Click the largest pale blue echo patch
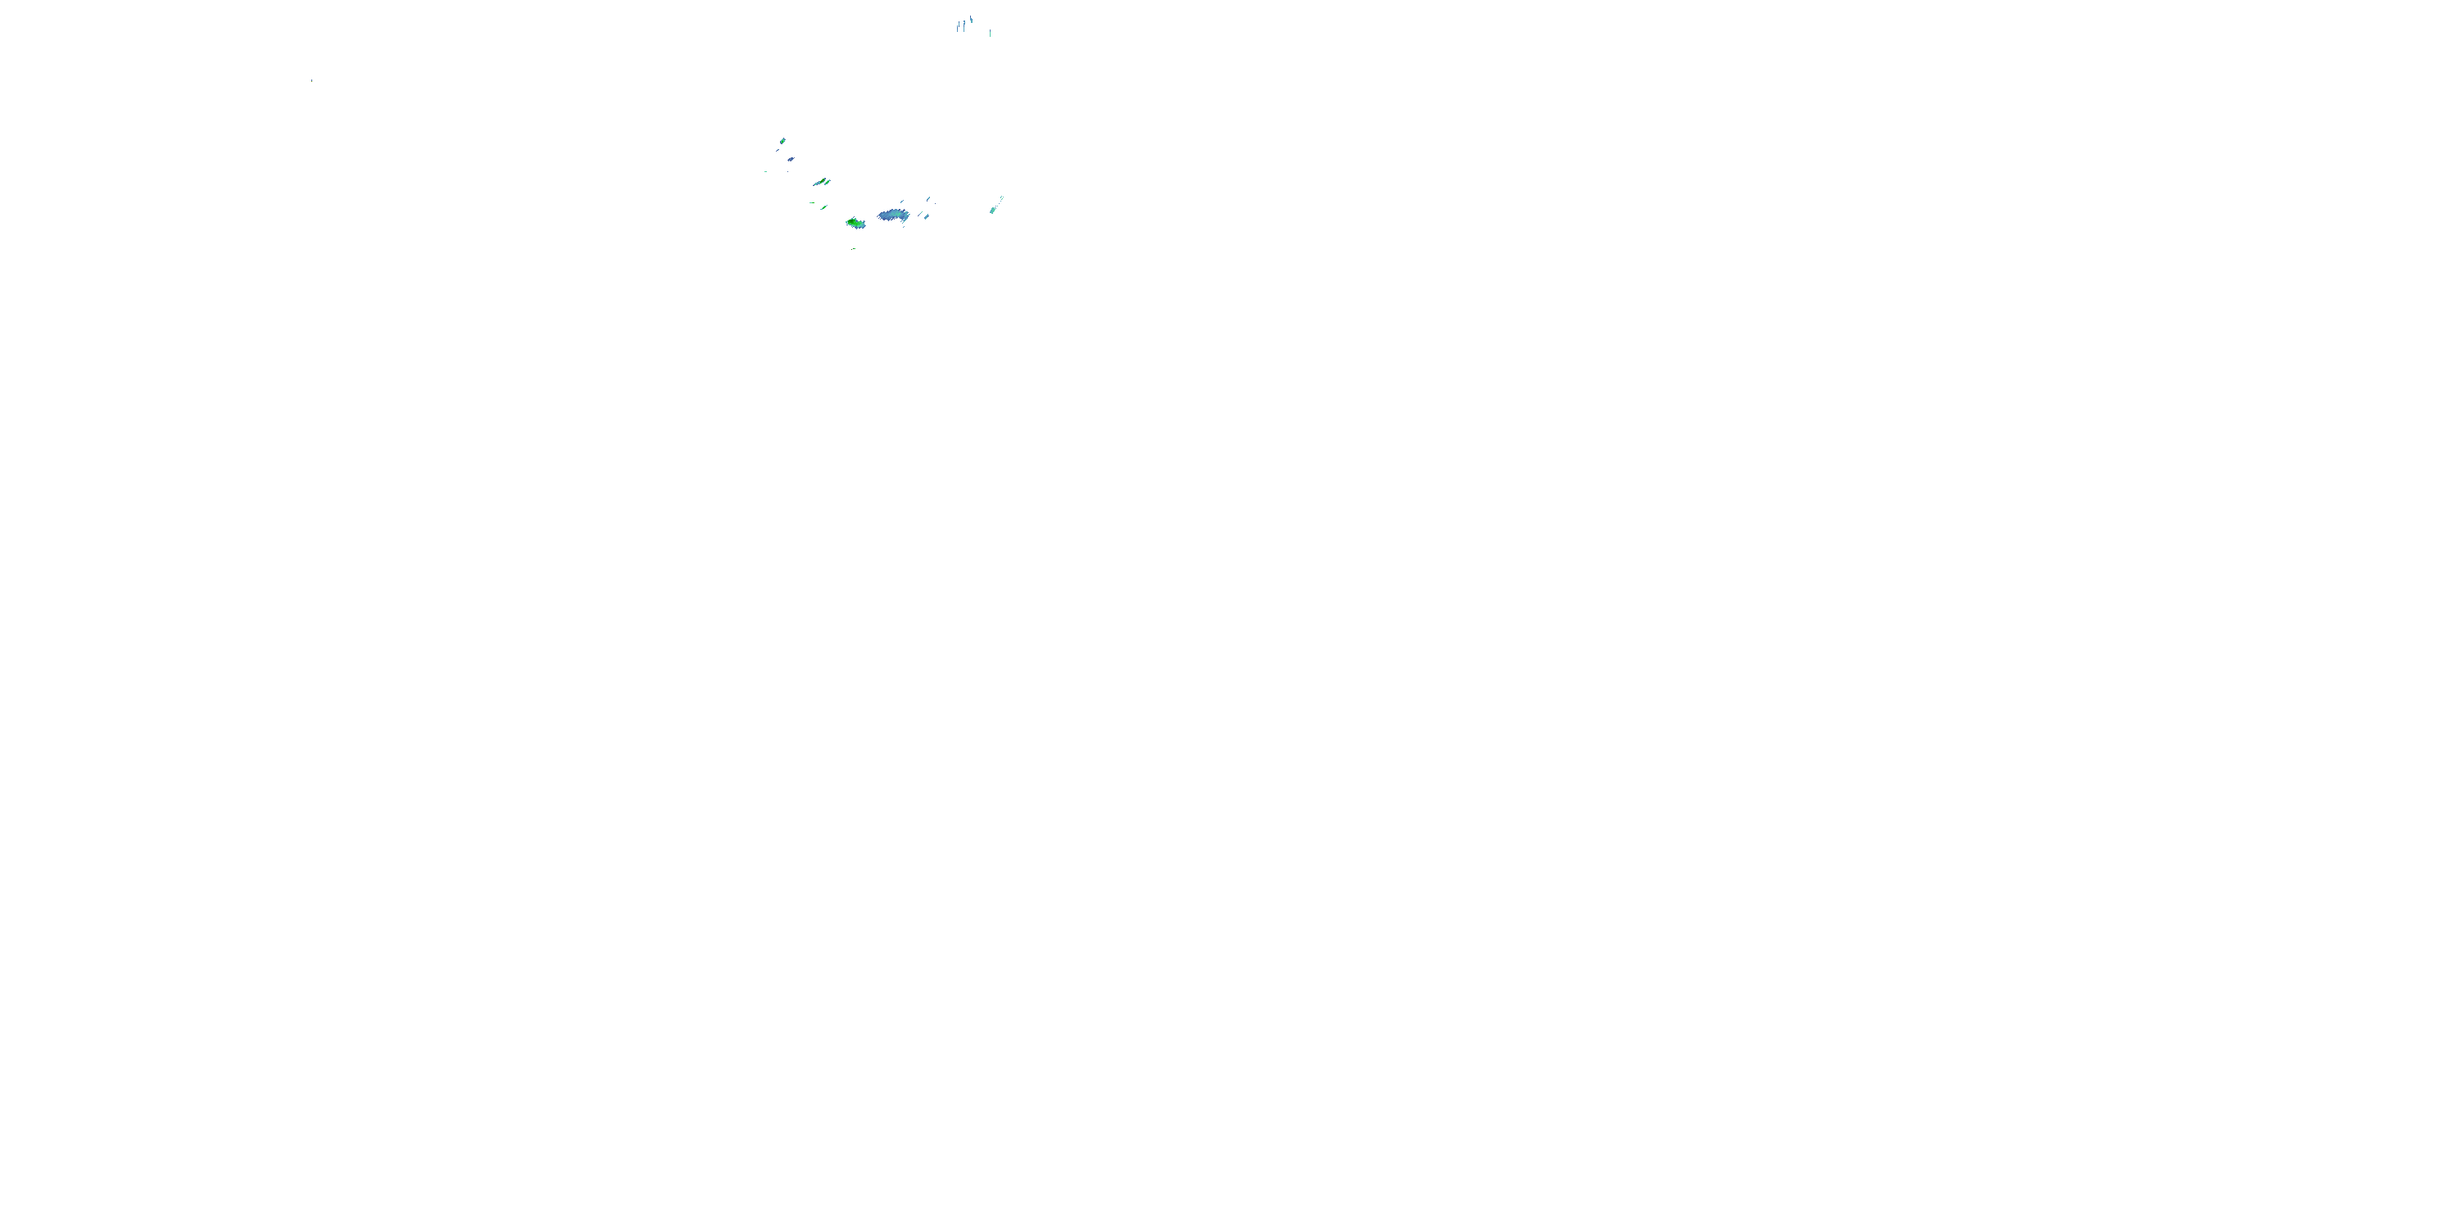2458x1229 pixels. click(x=893, y=215)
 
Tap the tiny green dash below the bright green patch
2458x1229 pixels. click(x=854, y=248)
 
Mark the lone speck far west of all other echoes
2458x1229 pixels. click(x=311, y=80)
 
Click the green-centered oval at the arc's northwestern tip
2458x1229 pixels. click(x=782, y=141)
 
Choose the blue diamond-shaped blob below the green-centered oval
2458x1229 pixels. click(x=790, y=159)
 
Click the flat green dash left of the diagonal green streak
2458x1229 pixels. click(x=811, y=202)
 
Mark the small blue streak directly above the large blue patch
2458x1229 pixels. click(x=902, y=202)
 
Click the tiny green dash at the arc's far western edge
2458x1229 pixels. click(x=765, y=172)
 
